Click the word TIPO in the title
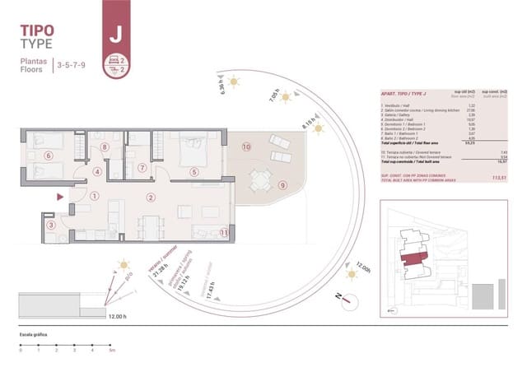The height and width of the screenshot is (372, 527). click(x=38, y=31)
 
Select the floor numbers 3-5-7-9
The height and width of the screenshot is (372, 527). click(x=72, y=63)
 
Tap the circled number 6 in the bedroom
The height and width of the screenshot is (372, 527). click(x=49, y=155)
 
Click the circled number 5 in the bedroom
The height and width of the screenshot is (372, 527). click(x=194, y=172)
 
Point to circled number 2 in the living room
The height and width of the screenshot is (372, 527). click(x=151, y=197)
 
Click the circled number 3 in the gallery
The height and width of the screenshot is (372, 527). click(x=51, y=225)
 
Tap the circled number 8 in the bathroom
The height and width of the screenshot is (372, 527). click(x=105, y=148)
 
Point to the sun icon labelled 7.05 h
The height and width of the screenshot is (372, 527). click(x=286, y=97)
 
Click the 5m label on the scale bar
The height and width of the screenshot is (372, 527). click(x=111, y=351)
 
